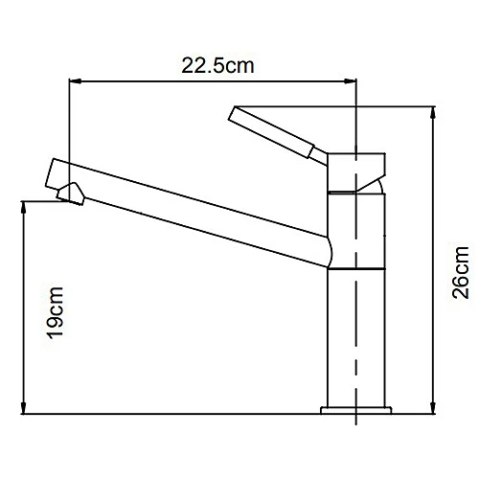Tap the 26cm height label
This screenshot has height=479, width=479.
click(x=462, y=274)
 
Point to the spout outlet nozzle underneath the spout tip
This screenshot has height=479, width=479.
click(x=70, y=194)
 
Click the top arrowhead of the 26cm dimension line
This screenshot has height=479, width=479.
click(x=437, y=107)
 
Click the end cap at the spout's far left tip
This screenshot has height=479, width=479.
click(x=55, y=172)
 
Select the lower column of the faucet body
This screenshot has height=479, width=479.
click(x=356, y=335)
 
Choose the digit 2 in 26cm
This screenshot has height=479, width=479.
click(x=462, y=291)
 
